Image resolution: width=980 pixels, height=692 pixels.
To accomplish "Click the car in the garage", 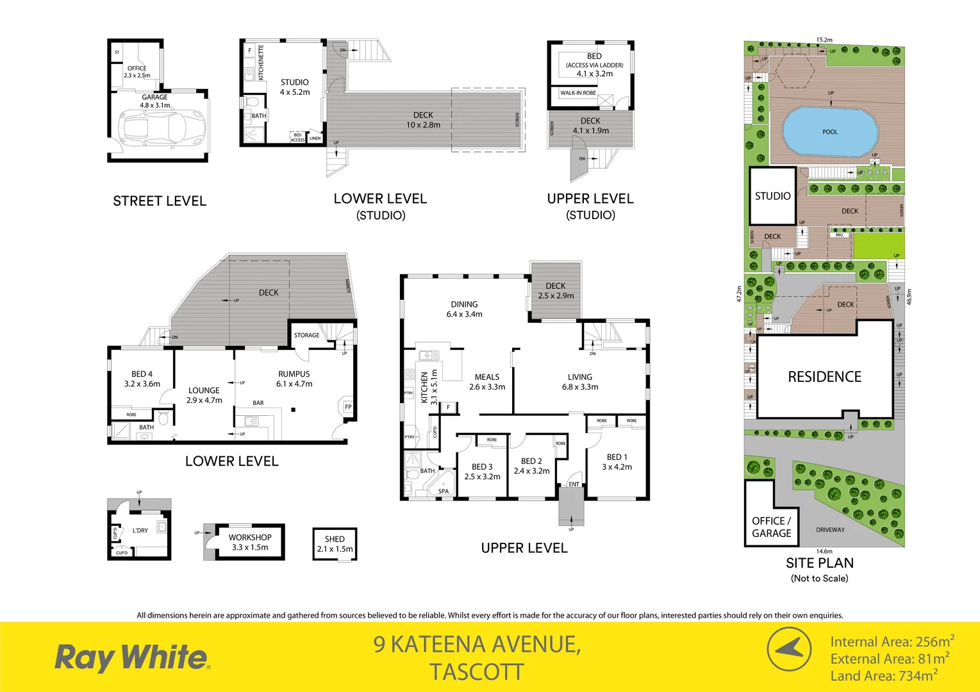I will (161, 128).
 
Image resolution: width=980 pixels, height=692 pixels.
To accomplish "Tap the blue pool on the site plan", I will (829, 132).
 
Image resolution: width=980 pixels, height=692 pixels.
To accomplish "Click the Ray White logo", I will (132, 657).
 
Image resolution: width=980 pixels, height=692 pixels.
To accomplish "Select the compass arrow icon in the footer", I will (790, 648).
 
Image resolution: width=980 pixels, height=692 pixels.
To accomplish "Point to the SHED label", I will (335, 539).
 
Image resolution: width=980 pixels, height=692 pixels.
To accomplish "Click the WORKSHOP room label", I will (250, 538).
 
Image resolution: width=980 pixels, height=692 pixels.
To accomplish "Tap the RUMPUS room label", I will (294, 374).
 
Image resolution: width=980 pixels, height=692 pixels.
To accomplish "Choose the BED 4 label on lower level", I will (142, 374).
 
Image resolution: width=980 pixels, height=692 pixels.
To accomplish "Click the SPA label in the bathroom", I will (444, 491).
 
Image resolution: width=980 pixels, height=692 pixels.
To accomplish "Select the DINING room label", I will (464, 304).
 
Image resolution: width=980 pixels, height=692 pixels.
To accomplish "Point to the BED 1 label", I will (617, 457).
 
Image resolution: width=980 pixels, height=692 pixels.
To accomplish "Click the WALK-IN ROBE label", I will (578, 93).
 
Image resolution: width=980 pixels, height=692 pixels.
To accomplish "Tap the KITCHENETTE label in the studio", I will (261, 62).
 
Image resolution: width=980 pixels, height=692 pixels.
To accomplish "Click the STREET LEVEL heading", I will (160, 201).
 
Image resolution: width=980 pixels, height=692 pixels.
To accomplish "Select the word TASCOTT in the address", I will (477, 673).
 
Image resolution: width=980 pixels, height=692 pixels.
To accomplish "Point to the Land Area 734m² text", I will (884, 676).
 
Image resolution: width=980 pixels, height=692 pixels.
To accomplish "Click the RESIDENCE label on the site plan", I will (824, 377).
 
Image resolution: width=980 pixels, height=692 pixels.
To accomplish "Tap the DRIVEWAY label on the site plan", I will (830, 530).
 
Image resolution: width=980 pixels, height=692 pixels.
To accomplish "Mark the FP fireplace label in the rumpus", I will (348, 407).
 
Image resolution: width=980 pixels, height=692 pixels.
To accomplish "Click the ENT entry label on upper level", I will (574, 484).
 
